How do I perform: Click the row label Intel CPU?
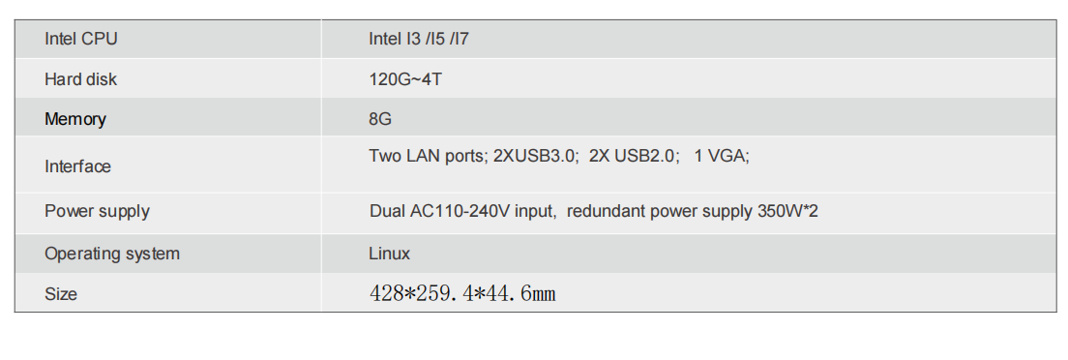pyautogui.click(x=81, y=40)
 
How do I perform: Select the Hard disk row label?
pyautogui.click(x=80, y=79)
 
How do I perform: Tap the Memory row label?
pyautogui.click(x=75, y=119)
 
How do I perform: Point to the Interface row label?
pyautogui.click(x=77, y=166)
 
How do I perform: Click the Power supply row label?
pyautogui.click(x=97, y=211)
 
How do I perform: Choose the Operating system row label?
pyautogui.click(x=112, y=254)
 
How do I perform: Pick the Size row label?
pyautogui.click(x=61, y=293)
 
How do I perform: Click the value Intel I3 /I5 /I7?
pyautogui.click(x=419, y=40)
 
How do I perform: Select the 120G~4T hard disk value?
pyautogui.click(x=405, y=79)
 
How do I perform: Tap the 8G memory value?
pyautogui.click(x=380, y=119)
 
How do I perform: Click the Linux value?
pyautogui.click(x=389, y=254)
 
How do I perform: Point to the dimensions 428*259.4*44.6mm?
pyautogui.click(x=462, y=293)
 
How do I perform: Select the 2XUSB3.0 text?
pyautogui.click(x=535, y=155)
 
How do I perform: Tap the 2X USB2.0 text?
pyautogui.click(x=634, y=155)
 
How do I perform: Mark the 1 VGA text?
pyautogui.click(x=721, y=155)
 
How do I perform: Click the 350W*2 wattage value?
pyautogui.click(x=787, y=211)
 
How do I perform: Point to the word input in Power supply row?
pyautogui.click(x=535, y=211)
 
